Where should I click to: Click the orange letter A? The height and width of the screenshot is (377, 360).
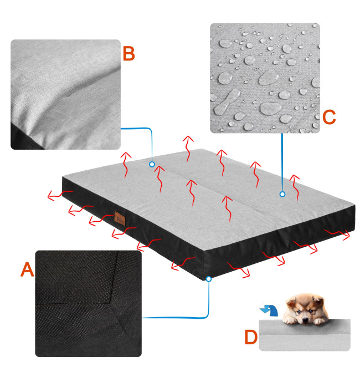pyautogui.click(x=27, y=269)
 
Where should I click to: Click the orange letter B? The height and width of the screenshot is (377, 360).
pyautogui.click(x=128, y=53)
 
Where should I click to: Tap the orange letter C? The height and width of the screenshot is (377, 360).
pyautogui.click(x=329, y=117)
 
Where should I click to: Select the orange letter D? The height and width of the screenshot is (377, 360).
pyautogui.click(x=251, y=337)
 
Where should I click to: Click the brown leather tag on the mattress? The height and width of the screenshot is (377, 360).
pyautogui.click(x=120, y=218)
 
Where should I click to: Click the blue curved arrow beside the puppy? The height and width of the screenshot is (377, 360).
pyautogui.click(x=270, y=310)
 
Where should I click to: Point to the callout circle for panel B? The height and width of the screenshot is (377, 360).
pyautogui.click(x=152, y=165)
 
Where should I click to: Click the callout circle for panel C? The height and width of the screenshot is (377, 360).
pyautogui.click(x=282, y=194)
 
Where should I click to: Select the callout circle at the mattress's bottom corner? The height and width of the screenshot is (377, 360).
pyautogui.click(x=209, y=279)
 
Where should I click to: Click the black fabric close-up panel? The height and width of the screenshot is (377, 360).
pyautogui.click(x=89, y=303)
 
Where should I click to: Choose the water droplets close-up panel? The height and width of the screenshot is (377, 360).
pyautogui.click(x=265, y=78)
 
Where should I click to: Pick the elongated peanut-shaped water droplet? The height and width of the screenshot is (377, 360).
pyautogui.click(x=226, y=101)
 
